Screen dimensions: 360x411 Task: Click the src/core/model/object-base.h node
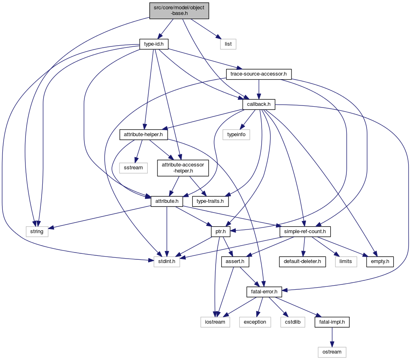[x=179, y=10]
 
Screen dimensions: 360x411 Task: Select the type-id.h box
[x=153, y=44]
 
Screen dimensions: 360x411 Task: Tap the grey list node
[x=228, y=44]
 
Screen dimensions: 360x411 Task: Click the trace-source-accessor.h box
[x=258, y=74]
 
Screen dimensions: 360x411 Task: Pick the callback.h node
[x=259, y=104]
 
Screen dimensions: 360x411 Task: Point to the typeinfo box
[x=237, y=135]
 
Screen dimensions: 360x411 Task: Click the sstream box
[x=134, y=167]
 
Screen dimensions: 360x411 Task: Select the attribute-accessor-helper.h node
[x=183, y=168]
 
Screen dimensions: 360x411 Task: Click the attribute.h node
[x=167, y=201]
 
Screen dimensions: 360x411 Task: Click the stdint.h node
[x=166, y=261]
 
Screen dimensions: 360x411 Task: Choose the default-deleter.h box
[x=302, y=261]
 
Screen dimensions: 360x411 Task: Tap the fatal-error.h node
[x=262, y=291]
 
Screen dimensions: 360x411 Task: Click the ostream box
[x=332, y=352]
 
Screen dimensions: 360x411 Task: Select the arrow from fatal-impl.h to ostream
[x=332, y=337]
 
